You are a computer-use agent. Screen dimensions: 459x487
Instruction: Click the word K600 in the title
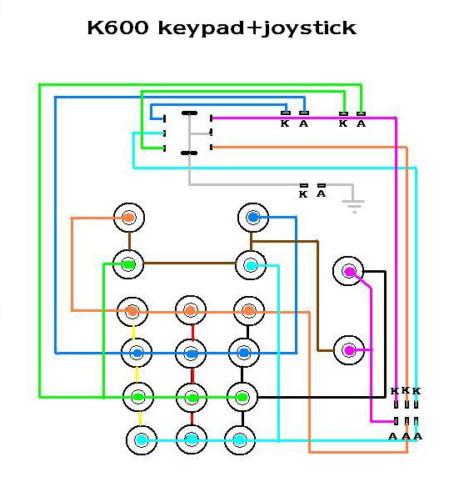tap(117, 28)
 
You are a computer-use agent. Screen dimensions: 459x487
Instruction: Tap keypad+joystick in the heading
tap(257, 29)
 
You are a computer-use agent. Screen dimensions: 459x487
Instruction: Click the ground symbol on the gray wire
tap(353, 205)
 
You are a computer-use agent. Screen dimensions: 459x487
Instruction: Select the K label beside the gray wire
tap(303, 194)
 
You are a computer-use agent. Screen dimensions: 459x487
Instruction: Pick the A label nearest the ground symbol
tap(322, 193)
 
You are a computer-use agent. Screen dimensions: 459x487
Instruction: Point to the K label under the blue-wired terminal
tap(285, 123)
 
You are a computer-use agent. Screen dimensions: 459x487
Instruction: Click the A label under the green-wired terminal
tap(361, 123)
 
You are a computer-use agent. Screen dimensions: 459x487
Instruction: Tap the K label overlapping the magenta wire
tap(395, 391)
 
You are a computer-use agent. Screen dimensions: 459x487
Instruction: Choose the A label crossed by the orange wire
tap(406, 436)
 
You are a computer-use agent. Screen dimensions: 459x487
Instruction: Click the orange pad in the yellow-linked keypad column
tap(132, 311)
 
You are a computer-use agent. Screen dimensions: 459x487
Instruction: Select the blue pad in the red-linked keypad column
tap(191, 354)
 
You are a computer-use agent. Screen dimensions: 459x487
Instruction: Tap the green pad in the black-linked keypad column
tap(242, 397)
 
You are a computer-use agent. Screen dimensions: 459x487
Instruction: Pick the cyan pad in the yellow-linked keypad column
tap(142, 440)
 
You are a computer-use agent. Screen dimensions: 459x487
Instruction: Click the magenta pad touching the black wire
tap(348, 271)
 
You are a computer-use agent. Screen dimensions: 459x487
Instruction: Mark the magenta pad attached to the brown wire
tap(349, 350)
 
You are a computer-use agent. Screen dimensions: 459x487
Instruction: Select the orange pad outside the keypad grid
tap(129, 218)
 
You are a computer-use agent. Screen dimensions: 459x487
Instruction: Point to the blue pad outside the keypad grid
tap(253, 218)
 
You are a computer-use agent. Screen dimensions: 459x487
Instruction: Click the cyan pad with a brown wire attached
tap(251, 265)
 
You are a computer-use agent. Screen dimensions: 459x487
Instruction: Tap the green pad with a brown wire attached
tap(128, 264)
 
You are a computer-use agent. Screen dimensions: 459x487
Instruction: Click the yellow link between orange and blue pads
tap(134, 333)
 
